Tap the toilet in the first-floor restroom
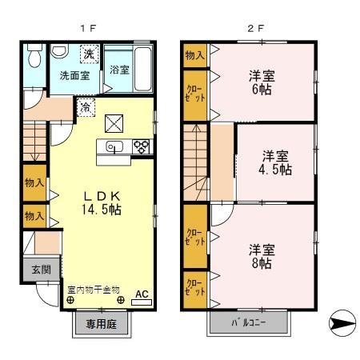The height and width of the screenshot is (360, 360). [34, 57]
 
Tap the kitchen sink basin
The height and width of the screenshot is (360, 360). [112, 146]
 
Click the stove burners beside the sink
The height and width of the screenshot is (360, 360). [142, 146]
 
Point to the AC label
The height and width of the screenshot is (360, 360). [141, 294]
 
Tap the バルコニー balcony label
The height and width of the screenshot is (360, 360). [249, 323]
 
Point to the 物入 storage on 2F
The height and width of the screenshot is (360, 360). [194, 54]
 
